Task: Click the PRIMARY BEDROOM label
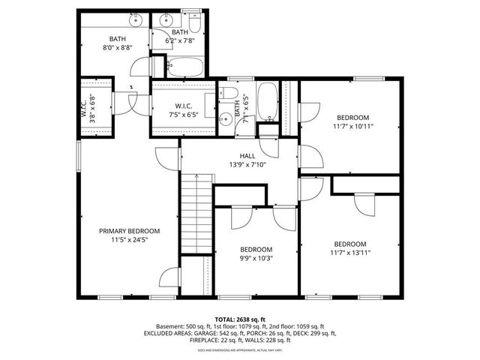click(129, 231)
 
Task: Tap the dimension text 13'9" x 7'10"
click(247, 165)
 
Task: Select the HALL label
click(247, 156)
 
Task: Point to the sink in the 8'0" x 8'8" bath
click(102, 20)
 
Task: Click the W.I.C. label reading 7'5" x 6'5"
click(184, 111)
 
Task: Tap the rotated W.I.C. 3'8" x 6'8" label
click(88, 106)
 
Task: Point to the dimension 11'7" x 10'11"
click(352, 127)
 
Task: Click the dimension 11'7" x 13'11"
click(350, 253)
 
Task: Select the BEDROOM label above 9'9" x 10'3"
click(256, 249)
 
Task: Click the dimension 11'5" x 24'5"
click(129, 240)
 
